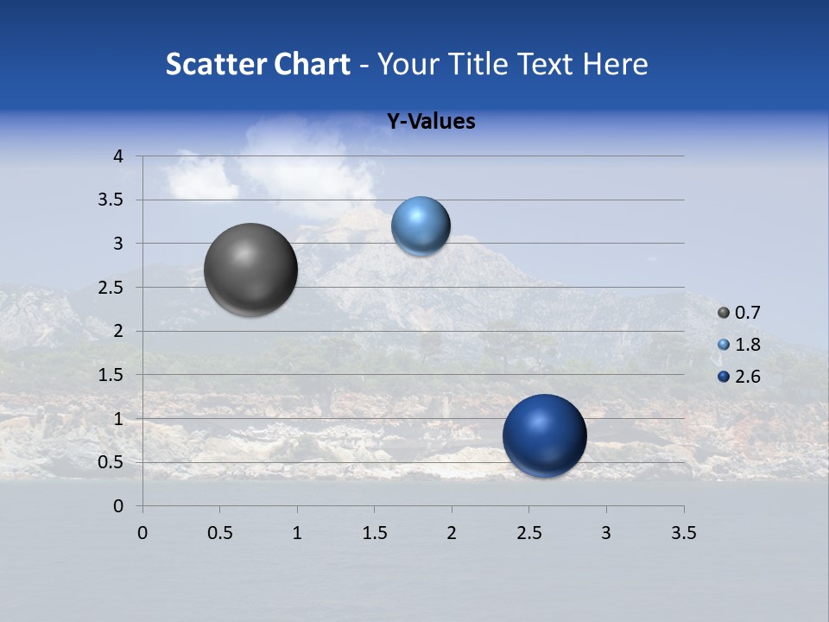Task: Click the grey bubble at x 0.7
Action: coord(250,269)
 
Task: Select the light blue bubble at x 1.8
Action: coord(421,225)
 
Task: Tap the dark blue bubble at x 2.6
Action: coord(544,435)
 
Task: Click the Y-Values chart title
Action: coord(431,122)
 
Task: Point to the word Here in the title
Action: coord(615,64)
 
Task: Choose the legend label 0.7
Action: coord(747,313)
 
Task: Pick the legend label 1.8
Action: coord(747,345)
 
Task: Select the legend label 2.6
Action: coord(747,377)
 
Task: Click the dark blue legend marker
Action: coord(724,377)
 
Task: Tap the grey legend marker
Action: coord(724,313)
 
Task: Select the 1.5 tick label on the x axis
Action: coord(374,533)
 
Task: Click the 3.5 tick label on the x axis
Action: coord(683,533)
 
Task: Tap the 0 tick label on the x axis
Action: coord(142,533)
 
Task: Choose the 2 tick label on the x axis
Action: coord(452,533)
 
